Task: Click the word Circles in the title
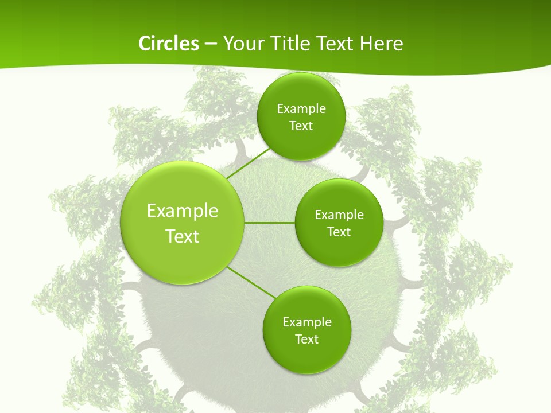click(x=169, y=44)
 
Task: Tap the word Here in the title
click(x=382, y=44)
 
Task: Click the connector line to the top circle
click(x=249, y=163)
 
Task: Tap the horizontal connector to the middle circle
click(x=270, y=223)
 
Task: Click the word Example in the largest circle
click(x=183, y=211)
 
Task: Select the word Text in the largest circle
click(x=183, y=236)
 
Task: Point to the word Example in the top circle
click(x=301, y=108)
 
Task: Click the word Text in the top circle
click(x=301, y=126)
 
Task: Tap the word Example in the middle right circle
click(x=339, y=215)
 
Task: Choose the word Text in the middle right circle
click(x=339, y=232)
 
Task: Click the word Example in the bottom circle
click(x=307, y=322)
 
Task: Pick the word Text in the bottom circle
click(x=306, y=339)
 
